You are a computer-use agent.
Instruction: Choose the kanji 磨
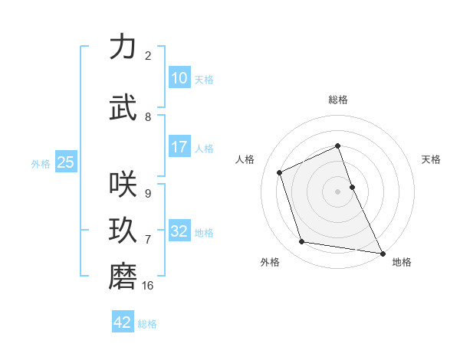124,277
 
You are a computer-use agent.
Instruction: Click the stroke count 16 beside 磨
148,286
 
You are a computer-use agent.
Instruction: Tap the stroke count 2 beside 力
148,56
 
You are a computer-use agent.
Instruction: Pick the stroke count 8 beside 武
148,117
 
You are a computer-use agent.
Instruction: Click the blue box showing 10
179,77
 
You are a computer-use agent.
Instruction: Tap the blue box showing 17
179,147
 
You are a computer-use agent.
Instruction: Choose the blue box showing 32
179,231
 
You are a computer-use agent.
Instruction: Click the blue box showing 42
123,322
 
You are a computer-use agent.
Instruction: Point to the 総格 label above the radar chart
338,100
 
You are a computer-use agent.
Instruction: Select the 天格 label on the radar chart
432,159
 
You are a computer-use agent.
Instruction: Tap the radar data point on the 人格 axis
280,172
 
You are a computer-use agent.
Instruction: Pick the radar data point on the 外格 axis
302,242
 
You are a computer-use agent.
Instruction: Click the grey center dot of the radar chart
338,191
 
